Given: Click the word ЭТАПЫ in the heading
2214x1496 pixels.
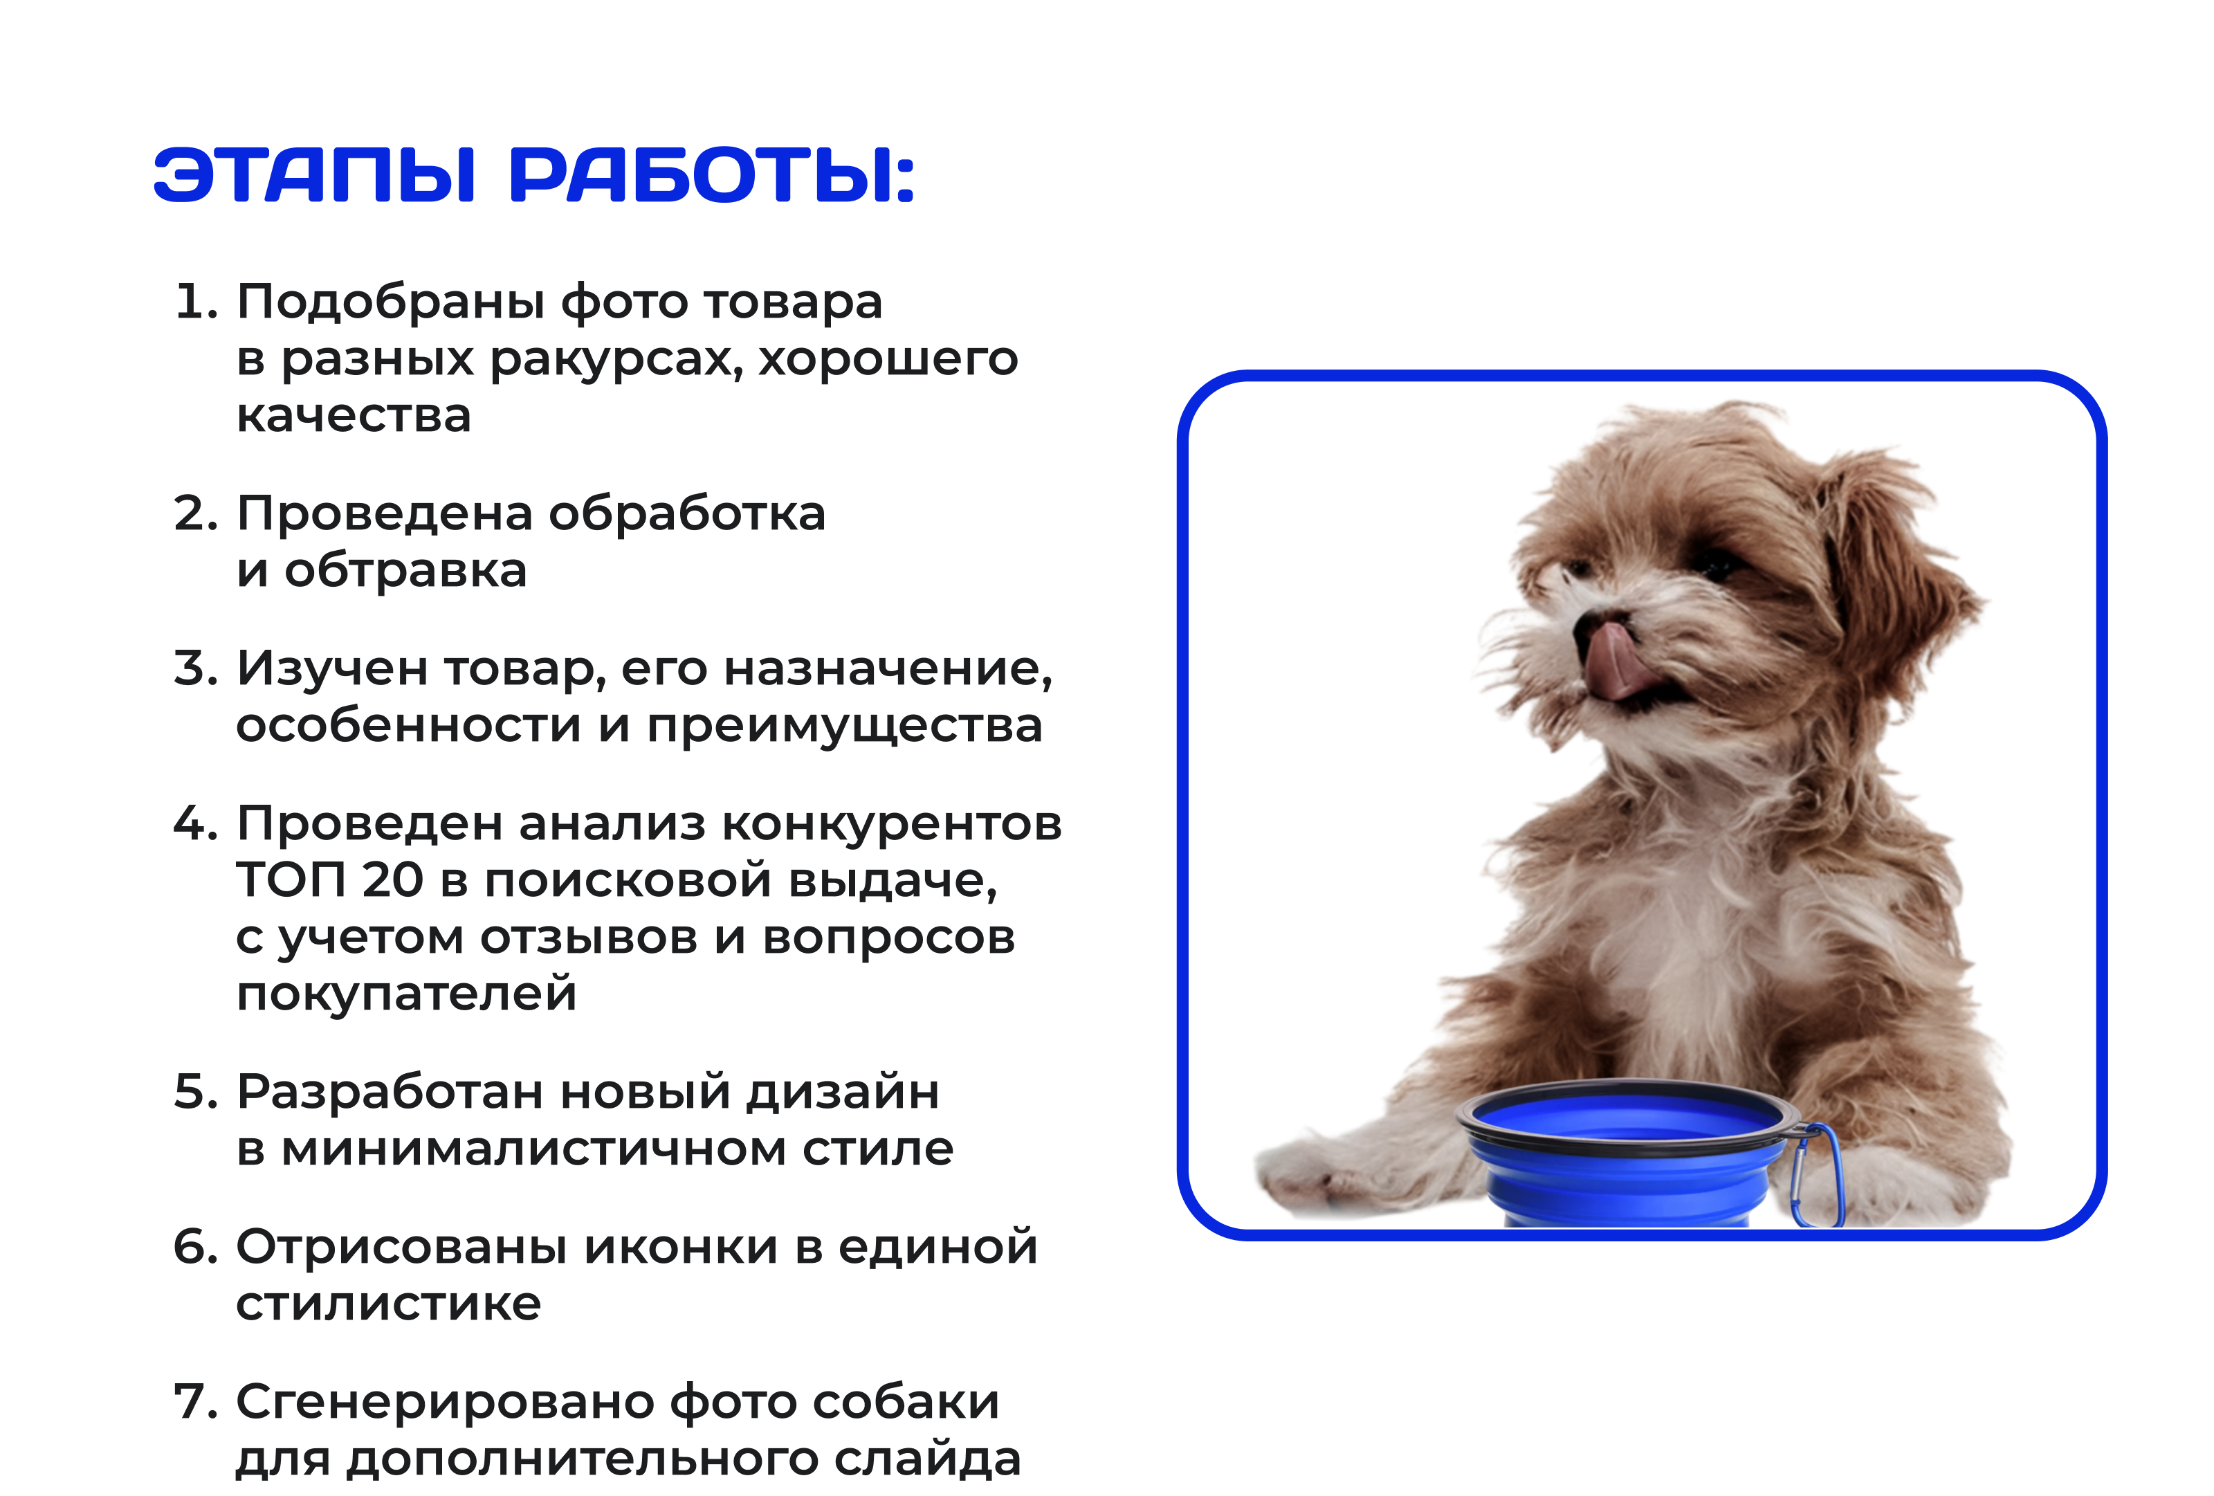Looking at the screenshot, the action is (313, 176).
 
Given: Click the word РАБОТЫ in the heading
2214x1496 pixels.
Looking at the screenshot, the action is (712, 176).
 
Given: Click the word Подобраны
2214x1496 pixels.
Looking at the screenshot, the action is (391, 304).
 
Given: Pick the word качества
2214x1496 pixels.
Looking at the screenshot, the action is (354, 415).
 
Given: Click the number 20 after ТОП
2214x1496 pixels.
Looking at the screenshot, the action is (392, 879).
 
